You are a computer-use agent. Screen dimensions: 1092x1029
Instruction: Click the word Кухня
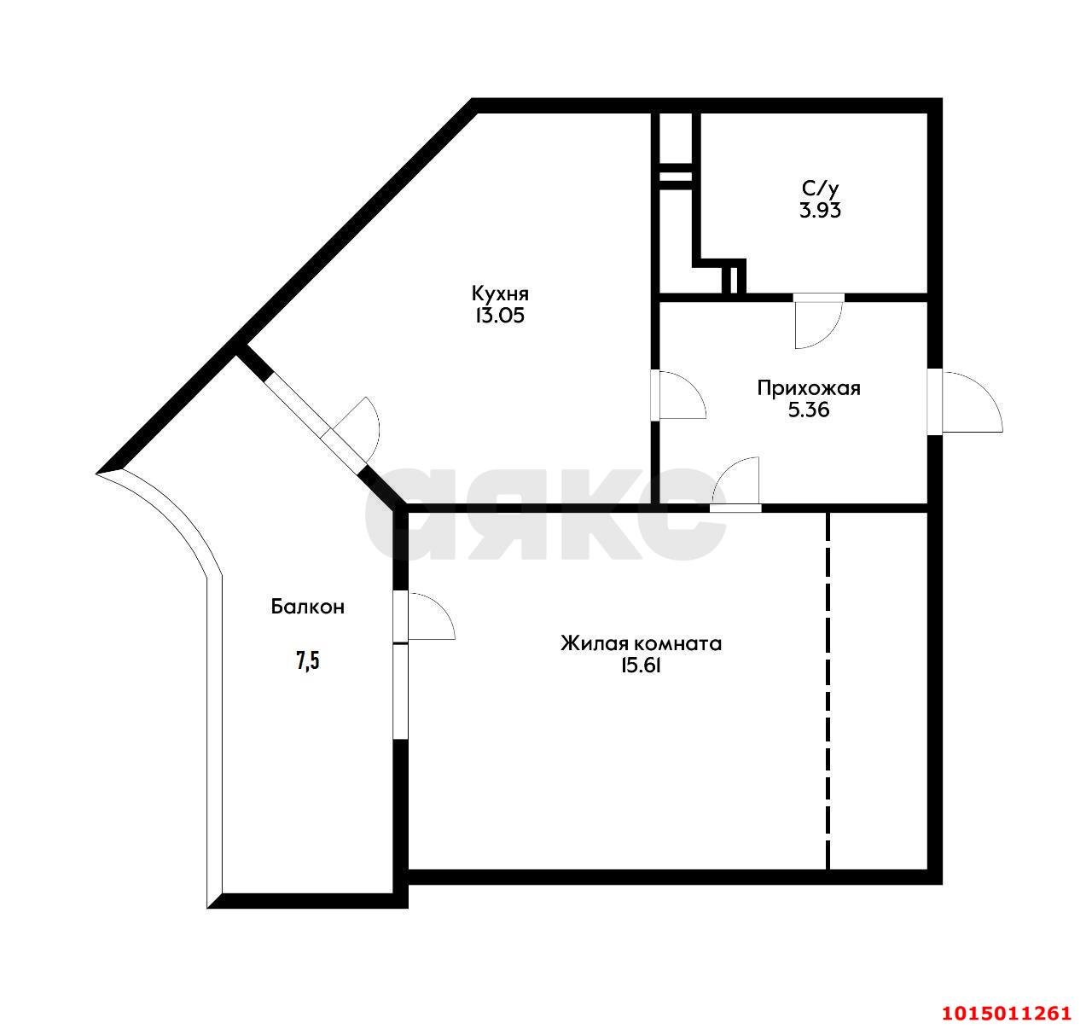(500, 294)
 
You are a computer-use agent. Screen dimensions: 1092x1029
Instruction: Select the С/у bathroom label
(821, 189)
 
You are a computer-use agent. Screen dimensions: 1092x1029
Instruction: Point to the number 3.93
(821, 211)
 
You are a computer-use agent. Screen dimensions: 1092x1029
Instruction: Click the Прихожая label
(808, 389)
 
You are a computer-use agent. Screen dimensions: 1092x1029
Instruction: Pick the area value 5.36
(808, 410)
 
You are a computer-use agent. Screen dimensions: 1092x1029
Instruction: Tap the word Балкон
(307, 608)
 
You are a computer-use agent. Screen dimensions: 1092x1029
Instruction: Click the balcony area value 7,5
(308, 661)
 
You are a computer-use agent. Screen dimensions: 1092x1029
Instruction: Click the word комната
(677, 644)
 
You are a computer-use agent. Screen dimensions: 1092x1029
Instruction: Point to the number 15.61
(641, 666)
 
